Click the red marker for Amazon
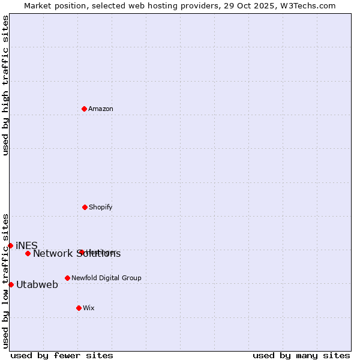tap(84, 109)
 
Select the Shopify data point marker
tap(85, 207)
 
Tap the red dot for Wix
tap(79, 308)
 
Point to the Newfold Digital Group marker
tap(67, 278)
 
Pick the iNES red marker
tap(10, 245)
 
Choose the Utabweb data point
tap(11, 284)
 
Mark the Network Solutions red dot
tap(28, 253)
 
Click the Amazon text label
tap(101, 109)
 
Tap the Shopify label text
tap(101, 207)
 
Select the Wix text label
tap(89, 308)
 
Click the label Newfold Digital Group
tap(106, 278)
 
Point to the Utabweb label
tap(37, 284)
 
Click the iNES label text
tap(27, 245)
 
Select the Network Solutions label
tap(77, 254)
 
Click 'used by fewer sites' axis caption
tap(62, 355)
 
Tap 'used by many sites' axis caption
tap(301, 355)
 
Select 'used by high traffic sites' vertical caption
tap(5, 85)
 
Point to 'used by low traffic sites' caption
tap(5, 281)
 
